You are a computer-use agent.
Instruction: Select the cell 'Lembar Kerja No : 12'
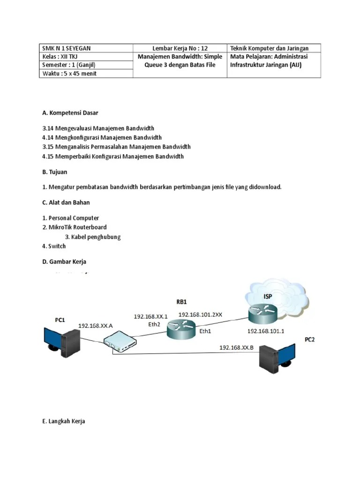(180, 48)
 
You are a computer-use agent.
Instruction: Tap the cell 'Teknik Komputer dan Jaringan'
(274, 48)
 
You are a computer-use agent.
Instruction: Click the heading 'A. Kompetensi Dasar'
(70, 113)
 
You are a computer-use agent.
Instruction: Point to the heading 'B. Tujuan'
(55, 172)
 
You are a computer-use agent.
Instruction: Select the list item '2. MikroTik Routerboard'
(74, 227)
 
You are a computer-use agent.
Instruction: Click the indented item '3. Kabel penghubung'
(93, 237)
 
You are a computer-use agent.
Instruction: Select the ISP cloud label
(268, 297)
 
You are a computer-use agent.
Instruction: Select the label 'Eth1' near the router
(206, 331)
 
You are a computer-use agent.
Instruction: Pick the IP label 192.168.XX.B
(237, 347)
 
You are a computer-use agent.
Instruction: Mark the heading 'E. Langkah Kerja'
(63, 421)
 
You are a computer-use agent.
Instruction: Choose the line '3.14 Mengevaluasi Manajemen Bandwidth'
(98, 128)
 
